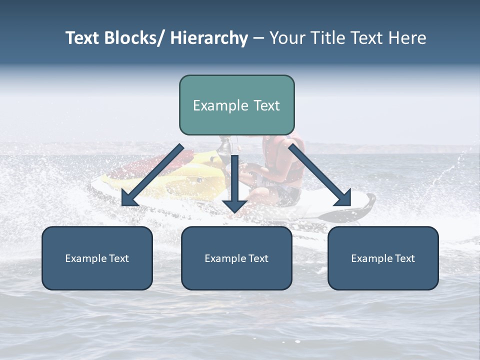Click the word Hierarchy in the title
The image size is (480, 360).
(x=208, y=38)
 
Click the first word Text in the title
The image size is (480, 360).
(x=83, y=38)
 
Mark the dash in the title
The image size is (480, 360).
(x=258, y=38)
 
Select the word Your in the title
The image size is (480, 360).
(x=287, y=38)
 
